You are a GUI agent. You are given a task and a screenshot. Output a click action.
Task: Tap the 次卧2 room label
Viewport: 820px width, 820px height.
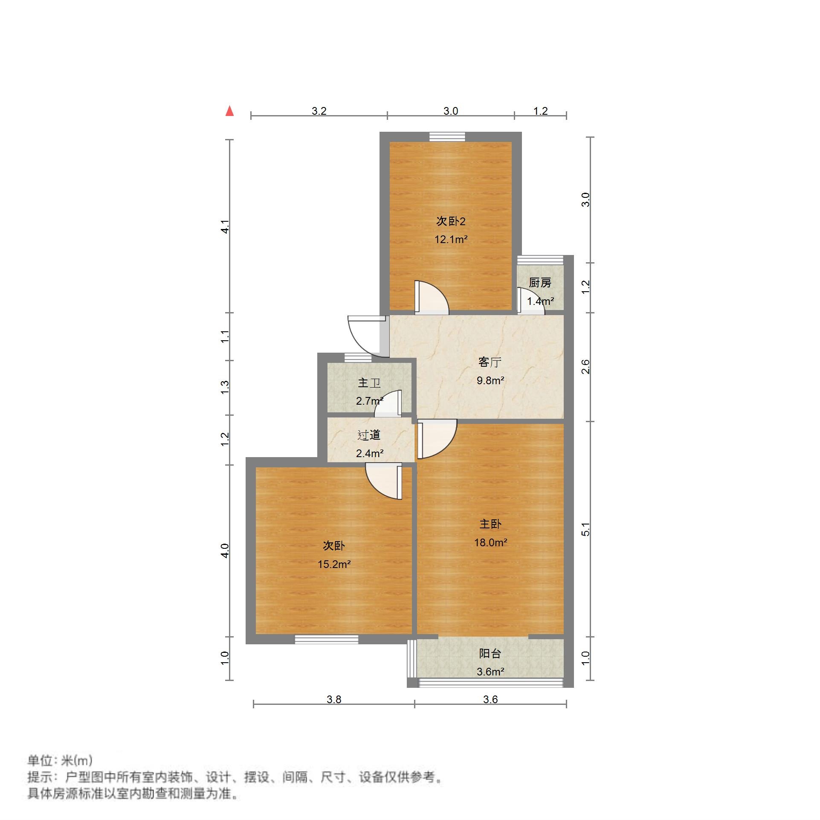[x=451, y=221]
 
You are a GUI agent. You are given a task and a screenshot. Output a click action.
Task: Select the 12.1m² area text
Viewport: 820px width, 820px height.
[x=451, y=239]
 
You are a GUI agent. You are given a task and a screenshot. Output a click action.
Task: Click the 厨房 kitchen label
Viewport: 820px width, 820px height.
[x=540, y=282]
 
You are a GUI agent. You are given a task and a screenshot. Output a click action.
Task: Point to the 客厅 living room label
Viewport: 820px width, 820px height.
[x=490, y=362]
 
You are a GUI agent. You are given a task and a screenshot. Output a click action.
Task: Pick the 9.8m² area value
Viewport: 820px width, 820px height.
[x=490, y=380]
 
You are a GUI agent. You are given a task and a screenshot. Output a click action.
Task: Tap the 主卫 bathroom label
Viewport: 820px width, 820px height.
[x=369, y=382]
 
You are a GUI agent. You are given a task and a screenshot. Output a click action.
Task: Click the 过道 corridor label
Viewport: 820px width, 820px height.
[x=369, y=435]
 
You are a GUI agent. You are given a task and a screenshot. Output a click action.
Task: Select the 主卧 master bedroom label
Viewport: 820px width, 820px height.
[x=490, y=524]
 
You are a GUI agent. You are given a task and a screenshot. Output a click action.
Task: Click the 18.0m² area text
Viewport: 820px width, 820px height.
[x=490, y=542]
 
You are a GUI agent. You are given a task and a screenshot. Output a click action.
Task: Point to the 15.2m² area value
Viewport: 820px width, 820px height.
[x=334, y=564]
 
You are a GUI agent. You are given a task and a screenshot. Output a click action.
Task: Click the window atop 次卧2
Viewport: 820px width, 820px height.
[x=447, y=137]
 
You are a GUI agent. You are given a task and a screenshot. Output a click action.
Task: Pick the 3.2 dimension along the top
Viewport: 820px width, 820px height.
[x=319, y=111]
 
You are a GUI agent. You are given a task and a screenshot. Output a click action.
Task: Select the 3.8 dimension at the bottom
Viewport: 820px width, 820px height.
[x=334, y=699]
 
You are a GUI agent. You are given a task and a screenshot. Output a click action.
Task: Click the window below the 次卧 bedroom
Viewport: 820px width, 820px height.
[x=326, y=639]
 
